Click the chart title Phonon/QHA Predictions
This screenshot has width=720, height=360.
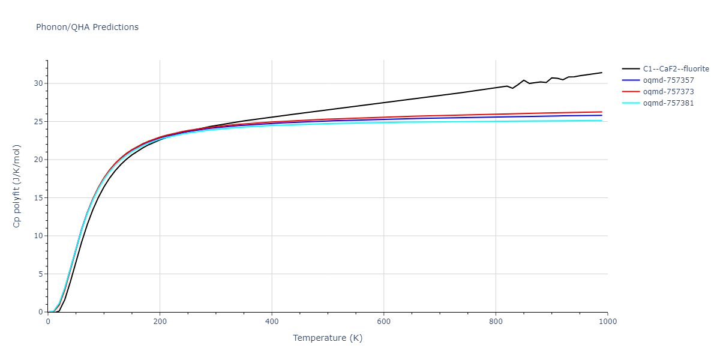pyautogui.click(x=87, y=27)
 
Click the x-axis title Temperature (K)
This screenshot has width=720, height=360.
pyautogui.click(x=328, y=338)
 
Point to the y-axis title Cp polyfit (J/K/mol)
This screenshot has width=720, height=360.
pyautogui.click(x=17, y=186)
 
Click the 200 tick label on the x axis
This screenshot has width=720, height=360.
pyautogui.click(x=160, y=322)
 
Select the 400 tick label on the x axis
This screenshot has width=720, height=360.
pyautogui.click(x=272, y=322)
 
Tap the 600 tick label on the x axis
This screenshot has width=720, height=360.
pyautogui.click(x=384, y=322)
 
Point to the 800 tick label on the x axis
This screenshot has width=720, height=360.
pyautogui.click(x=496, y=322)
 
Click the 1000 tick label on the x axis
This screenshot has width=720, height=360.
pyautogui.click(x=607, y=322)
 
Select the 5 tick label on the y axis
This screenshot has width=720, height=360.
pyautogui.click(x=41, y=274)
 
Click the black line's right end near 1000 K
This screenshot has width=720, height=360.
pyautogui.click(x=602, y=73)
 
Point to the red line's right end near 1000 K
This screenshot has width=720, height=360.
pyautogui.click(x=602, y=112)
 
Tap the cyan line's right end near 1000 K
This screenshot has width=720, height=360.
pyautogui.click(x=602, y=121)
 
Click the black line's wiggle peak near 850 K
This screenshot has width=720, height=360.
pyautogui.click(x=524, y=80)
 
